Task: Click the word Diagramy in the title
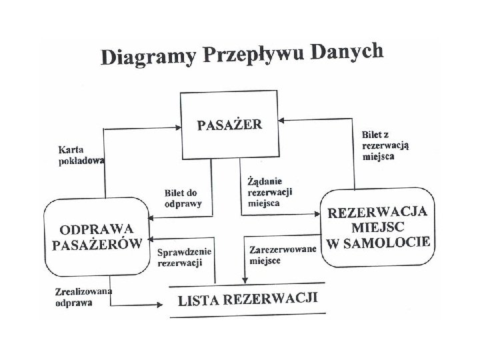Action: (x=143, y=59)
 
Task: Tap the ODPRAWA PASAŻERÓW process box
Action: (x=97, y=236)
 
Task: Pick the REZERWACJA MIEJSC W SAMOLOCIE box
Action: (x=376, y=227)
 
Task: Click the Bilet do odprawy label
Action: (x=183, y=198)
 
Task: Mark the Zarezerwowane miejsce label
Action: (x=277, y=255)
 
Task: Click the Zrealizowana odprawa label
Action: (x=83, y=297)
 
